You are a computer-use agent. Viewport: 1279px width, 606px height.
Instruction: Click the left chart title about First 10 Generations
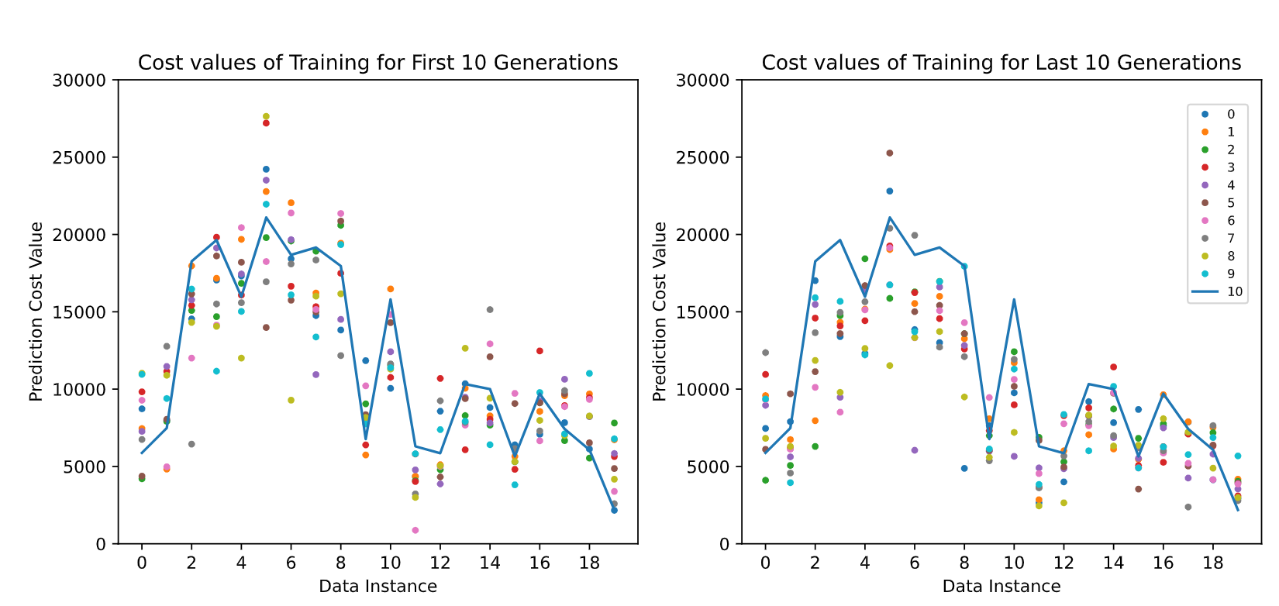377,63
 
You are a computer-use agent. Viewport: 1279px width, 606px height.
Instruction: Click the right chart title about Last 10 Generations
1001,63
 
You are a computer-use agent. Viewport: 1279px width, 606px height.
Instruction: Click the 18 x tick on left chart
589,563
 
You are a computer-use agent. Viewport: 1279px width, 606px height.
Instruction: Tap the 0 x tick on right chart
765,563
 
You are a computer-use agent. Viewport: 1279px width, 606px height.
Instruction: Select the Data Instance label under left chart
377,587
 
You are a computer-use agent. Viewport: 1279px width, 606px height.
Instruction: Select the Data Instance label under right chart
1001,587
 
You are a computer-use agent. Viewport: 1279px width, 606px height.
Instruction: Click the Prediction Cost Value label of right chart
660,312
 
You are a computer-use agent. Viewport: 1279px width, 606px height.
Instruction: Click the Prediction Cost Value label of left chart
36,312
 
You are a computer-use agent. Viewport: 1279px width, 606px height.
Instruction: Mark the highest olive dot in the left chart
266,117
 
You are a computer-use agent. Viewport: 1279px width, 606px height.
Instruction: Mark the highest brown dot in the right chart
890,153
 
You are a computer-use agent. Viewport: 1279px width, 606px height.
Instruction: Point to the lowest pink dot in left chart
415,530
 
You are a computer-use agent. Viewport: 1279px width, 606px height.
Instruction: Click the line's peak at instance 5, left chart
266,217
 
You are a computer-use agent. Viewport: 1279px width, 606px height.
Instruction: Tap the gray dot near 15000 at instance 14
490,310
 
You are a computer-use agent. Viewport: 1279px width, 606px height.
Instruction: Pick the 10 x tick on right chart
1014,563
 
